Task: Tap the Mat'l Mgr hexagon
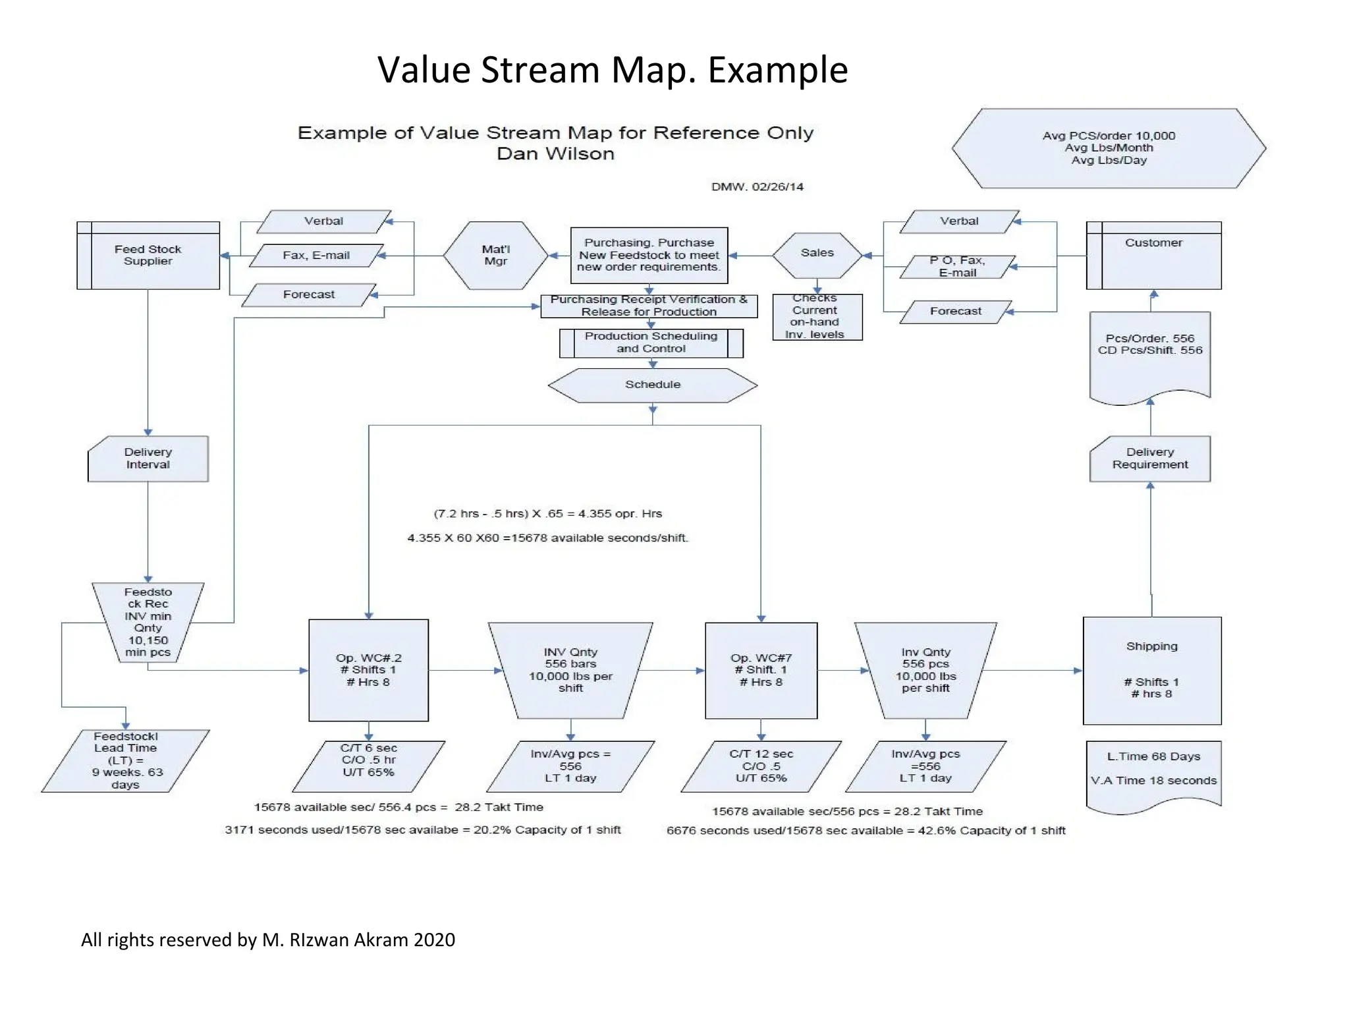(495, 256)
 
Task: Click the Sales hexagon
(817, 254)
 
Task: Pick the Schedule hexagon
(652, 385)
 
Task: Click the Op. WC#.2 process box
(368, 670)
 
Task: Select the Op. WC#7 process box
(761, 670)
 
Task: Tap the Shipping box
(1151, 670)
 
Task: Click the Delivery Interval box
(148, 459)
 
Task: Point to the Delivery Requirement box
(1150, 459)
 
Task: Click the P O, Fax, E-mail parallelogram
(957, 267)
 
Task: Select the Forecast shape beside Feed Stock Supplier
(309, 295)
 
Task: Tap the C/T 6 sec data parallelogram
(368, 766)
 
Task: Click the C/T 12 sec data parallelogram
(761, 766)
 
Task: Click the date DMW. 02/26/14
(757, 187)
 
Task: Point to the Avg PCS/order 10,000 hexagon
(1109, 148)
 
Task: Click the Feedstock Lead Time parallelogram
(125, 760)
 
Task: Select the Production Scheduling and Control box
(651, 343)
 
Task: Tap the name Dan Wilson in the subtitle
(555, 154)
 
